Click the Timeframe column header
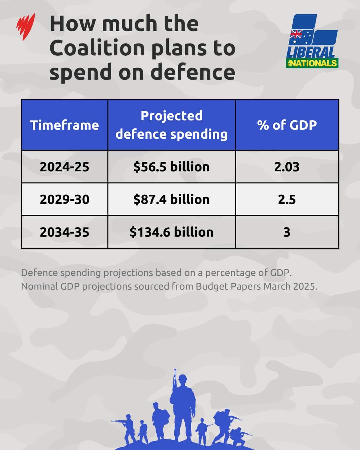(64, 125)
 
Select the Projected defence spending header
(171, 125)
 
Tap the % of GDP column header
(287, 125)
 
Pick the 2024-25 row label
(64, 167)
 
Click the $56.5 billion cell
(171, 167)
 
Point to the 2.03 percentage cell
(287, 167)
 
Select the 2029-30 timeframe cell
(64, 199)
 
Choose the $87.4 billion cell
(171, 199)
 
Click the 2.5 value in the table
(287, 199)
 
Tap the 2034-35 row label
(64, 232)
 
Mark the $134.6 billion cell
(171, 232)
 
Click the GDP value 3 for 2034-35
(287, 232)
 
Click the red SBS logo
(26, 27)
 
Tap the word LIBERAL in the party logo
(311, 52)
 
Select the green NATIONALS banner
(312, 63)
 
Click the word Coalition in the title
(97, 48)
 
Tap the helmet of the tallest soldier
(183, 378)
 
